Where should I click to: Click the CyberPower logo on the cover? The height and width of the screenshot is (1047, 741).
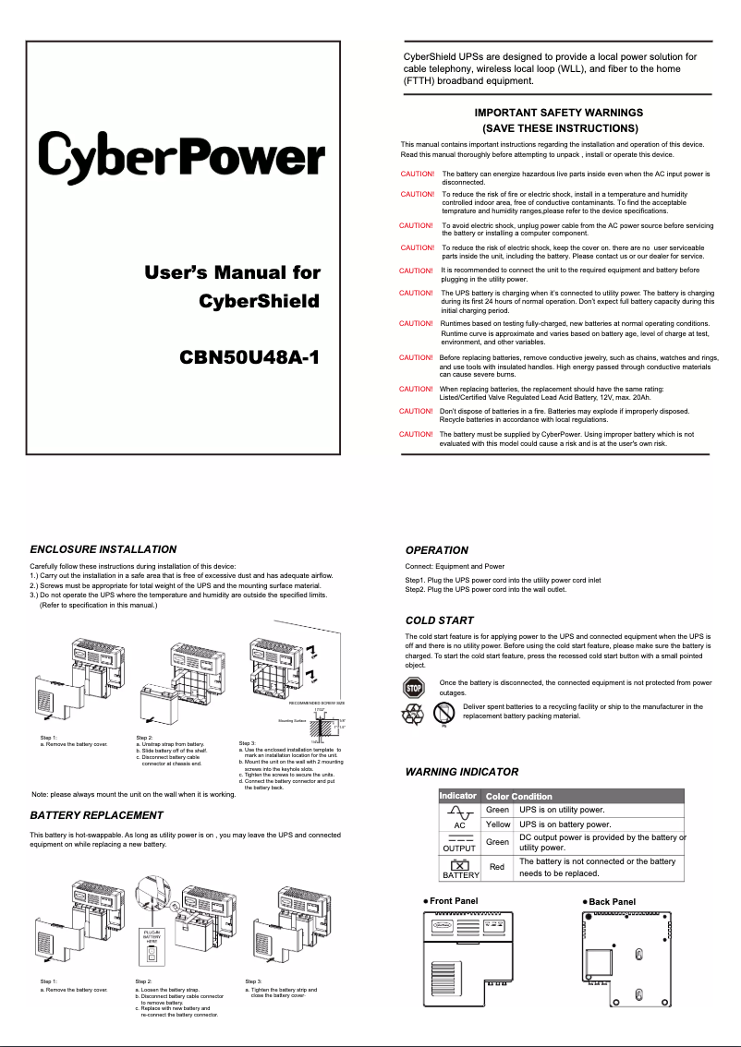coord(181,156)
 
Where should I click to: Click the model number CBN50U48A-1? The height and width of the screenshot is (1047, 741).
coord(250,357)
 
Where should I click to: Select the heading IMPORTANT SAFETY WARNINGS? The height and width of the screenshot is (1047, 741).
coord(558,113)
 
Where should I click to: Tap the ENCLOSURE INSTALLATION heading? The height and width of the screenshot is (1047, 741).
coord(103,549)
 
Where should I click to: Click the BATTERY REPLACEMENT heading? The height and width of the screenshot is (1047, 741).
coord(97,815)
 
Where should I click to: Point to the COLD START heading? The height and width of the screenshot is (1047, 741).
coord(440,620)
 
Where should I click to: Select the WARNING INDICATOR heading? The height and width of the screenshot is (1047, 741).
coord(462,772)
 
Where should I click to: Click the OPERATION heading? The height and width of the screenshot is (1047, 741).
coord(437,550)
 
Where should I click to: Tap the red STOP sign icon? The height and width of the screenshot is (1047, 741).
coord(413,687)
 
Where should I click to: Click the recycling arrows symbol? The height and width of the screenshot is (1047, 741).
coord(412,714)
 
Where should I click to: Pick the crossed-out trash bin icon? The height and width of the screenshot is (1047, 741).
coord(445,713)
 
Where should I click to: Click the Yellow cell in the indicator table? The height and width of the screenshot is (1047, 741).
coord(498,824)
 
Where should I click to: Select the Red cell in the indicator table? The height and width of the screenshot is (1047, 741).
coord(497,867)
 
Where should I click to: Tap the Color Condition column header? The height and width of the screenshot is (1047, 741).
coord(519,796)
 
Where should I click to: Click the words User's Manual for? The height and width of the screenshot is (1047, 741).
coord(232,272)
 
